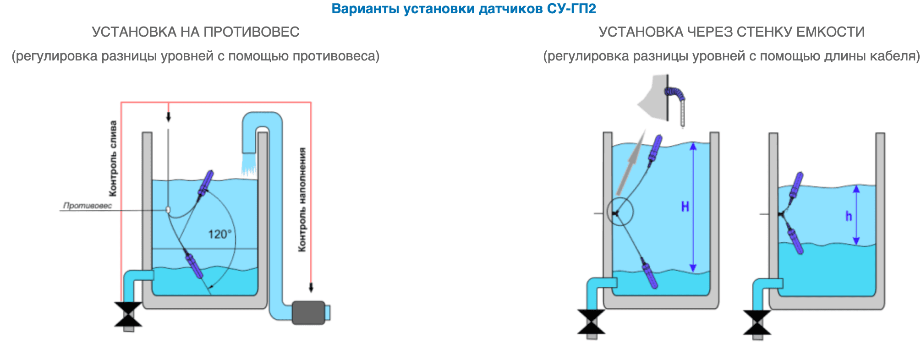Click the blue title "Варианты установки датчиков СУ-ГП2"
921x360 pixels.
(x=463, y=9)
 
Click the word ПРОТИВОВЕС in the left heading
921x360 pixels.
(x=251, y=32)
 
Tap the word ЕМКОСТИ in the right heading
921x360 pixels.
(x=830, y=32)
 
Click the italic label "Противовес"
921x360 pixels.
(x=87, y=206)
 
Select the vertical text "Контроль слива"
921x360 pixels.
(x=113, y=158)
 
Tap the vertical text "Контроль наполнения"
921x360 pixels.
(x=302, y=199)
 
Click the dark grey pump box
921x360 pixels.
(x=308, y=312)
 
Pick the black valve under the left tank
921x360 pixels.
(x=128, y=314)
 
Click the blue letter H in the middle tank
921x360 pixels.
(x=685, y=207)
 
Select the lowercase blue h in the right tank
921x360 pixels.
(x=849, y=216)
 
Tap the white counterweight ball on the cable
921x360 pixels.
(x=168, y=209)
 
